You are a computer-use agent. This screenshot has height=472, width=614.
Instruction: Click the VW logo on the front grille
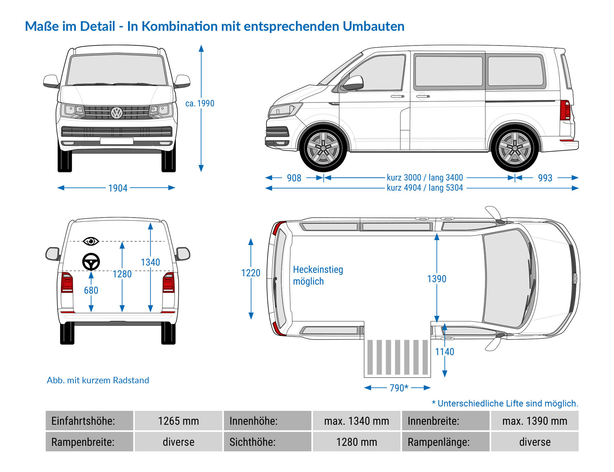tap(117, 112)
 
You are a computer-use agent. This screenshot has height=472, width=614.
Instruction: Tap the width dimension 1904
tap(117, 188)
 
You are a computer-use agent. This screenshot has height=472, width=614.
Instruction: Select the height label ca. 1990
tap(200, 103)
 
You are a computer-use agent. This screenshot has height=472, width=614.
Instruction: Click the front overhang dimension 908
tap(294, 178)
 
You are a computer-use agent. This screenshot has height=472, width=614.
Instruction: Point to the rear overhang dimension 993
tap(545, 178)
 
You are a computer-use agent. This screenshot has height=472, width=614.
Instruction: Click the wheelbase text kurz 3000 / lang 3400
tap(424, 177)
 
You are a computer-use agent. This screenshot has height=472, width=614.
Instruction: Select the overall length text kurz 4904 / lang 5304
tap(424, 188)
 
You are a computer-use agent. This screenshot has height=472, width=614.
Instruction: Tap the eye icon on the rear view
tap(90, 241)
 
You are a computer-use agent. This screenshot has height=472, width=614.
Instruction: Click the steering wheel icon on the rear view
tap(91, 261)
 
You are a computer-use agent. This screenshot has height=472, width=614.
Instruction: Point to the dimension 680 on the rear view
tap(91, 290)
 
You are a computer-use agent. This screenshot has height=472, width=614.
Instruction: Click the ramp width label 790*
tap(399, 388)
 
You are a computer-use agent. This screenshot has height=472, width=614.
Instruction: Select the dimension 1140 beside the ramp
tap(445, 352)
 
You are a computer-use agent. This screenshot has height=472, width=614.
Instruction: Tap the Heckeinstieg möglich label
tap(318, 275)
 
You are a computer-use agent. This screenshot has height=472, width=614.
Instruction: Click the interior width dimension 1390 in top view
tap(436, 279)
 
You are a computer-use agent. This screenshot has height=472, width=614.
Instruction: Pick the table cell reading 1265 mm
tap(178, 421)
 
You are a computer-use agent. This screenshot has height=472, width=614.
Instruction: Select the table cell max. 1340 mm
tap(356, 421)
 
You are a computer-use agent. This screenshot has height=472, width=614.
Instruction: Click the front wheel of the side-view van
tap(323, 148)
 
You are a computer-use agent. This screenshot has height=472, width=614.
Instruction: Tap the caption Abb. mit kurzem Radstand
tap(98, 380)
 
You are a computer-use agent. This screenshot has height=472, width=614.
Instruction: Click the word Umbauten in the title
tap(373, 26)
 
